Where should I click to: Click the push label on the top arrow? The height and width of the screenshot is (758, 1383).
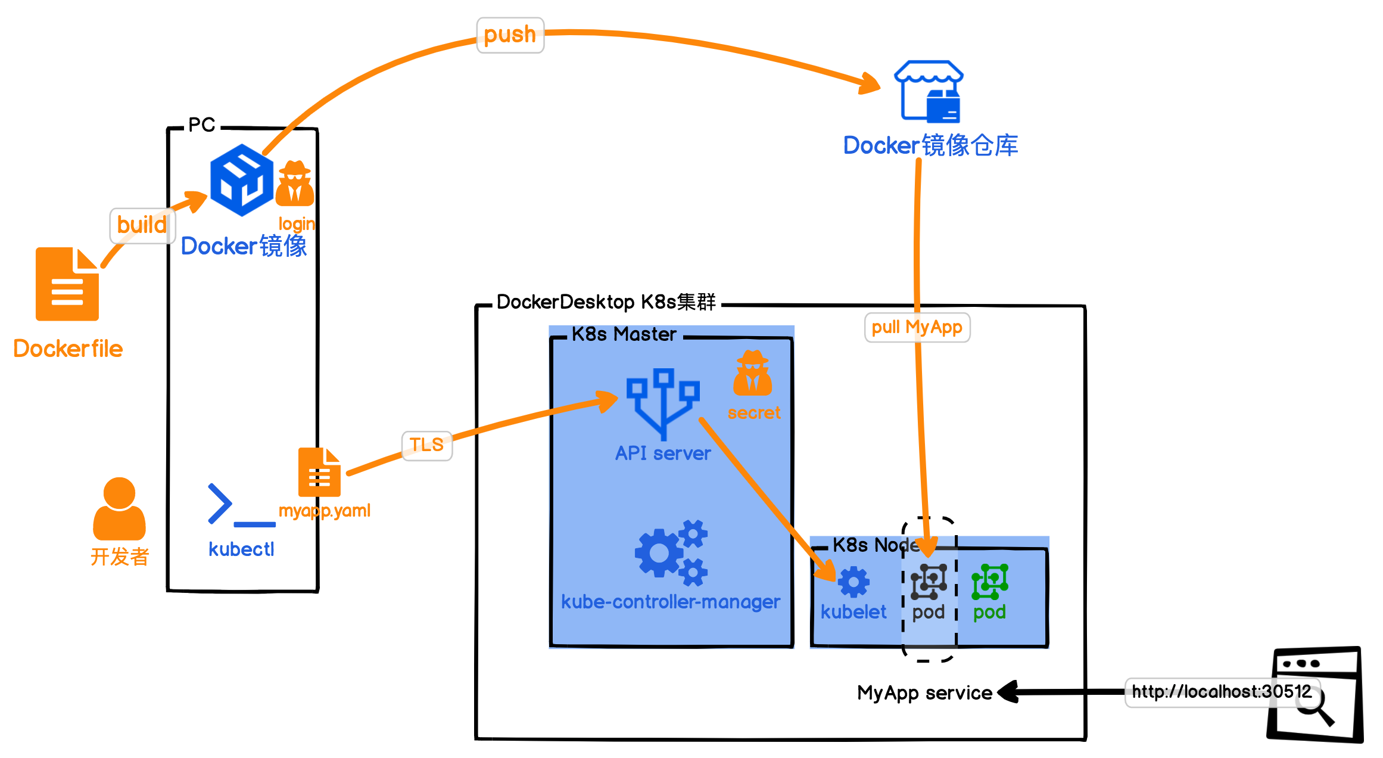510,35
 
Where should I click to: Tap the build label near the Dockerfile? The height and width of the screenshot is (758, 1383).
142,225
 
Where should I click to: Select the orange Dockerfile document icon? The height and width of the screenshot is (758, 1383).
67,284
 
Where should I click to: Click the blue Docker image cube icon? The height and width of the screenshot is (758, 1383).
242,179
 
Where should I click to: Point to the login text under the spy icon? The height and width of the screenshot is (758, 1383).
297,224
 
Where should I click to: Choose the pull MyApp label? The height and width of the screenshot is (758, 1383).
917,327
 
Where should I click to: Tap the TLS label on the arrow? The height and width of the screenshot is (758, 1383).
426,445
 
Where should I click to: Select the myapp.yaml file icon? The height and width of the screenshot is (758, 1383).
319,472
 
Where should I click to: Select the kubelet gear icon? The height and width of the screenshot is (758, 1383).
854,582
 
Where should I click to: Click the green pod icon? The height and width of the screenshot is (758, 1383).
989,582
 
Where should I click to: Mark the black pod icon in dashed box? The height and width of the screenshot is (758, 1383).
929,582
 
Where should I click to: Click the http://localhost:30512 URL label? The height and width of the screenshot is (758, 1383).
1222,692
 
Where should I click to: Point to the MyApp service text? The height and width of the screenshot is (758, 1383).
924,693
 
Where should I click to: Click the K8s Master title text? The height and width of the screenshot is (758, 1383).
624,334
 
